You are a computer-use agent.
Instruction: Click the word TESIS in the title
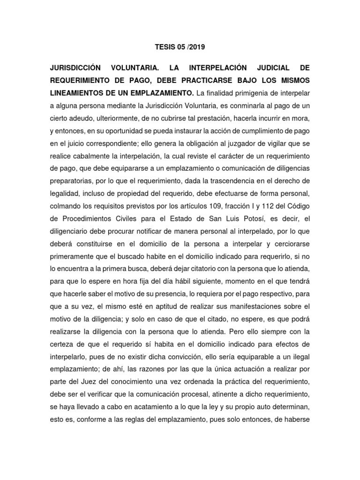165,47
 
